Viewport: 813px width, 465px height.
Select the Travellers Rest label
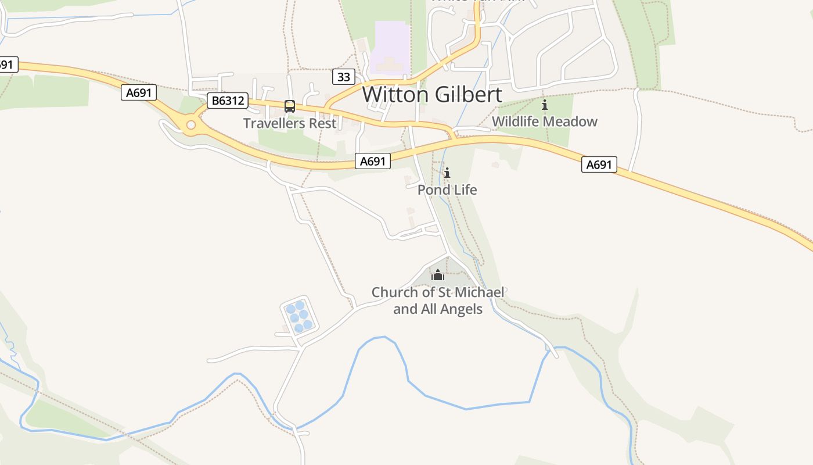(x=289, y=123)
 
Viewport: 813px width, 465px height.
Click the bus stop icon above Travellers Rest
(x=289, y=106)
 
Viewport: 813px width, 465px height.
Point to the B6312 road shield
(x=227, y=101)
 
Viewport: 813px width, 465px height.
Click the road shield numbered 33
(x=343, y=76)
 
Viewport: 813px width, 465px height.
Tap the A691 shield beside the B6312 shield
(x=139, y=92)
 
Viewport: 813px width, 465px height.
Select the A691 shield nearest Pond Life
(x=372, y=161)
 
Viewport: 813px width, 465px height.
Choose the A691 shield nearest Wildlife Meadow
(x=599, y=164)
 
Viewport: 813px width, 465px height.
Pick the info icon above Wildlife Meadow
(x=545, y=105)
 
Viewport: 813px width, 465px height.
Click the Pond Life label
(x=447, y=190)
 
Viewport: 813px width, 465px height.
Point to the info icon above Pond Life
(x=447, y=173)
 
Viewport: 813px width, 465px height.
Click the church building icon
(x=438, y=275)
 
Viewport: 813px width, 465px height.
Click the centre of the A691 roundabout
(x=190, y=124)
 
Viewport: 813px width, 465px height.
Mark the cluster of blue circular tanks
(x=299, y=317)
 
